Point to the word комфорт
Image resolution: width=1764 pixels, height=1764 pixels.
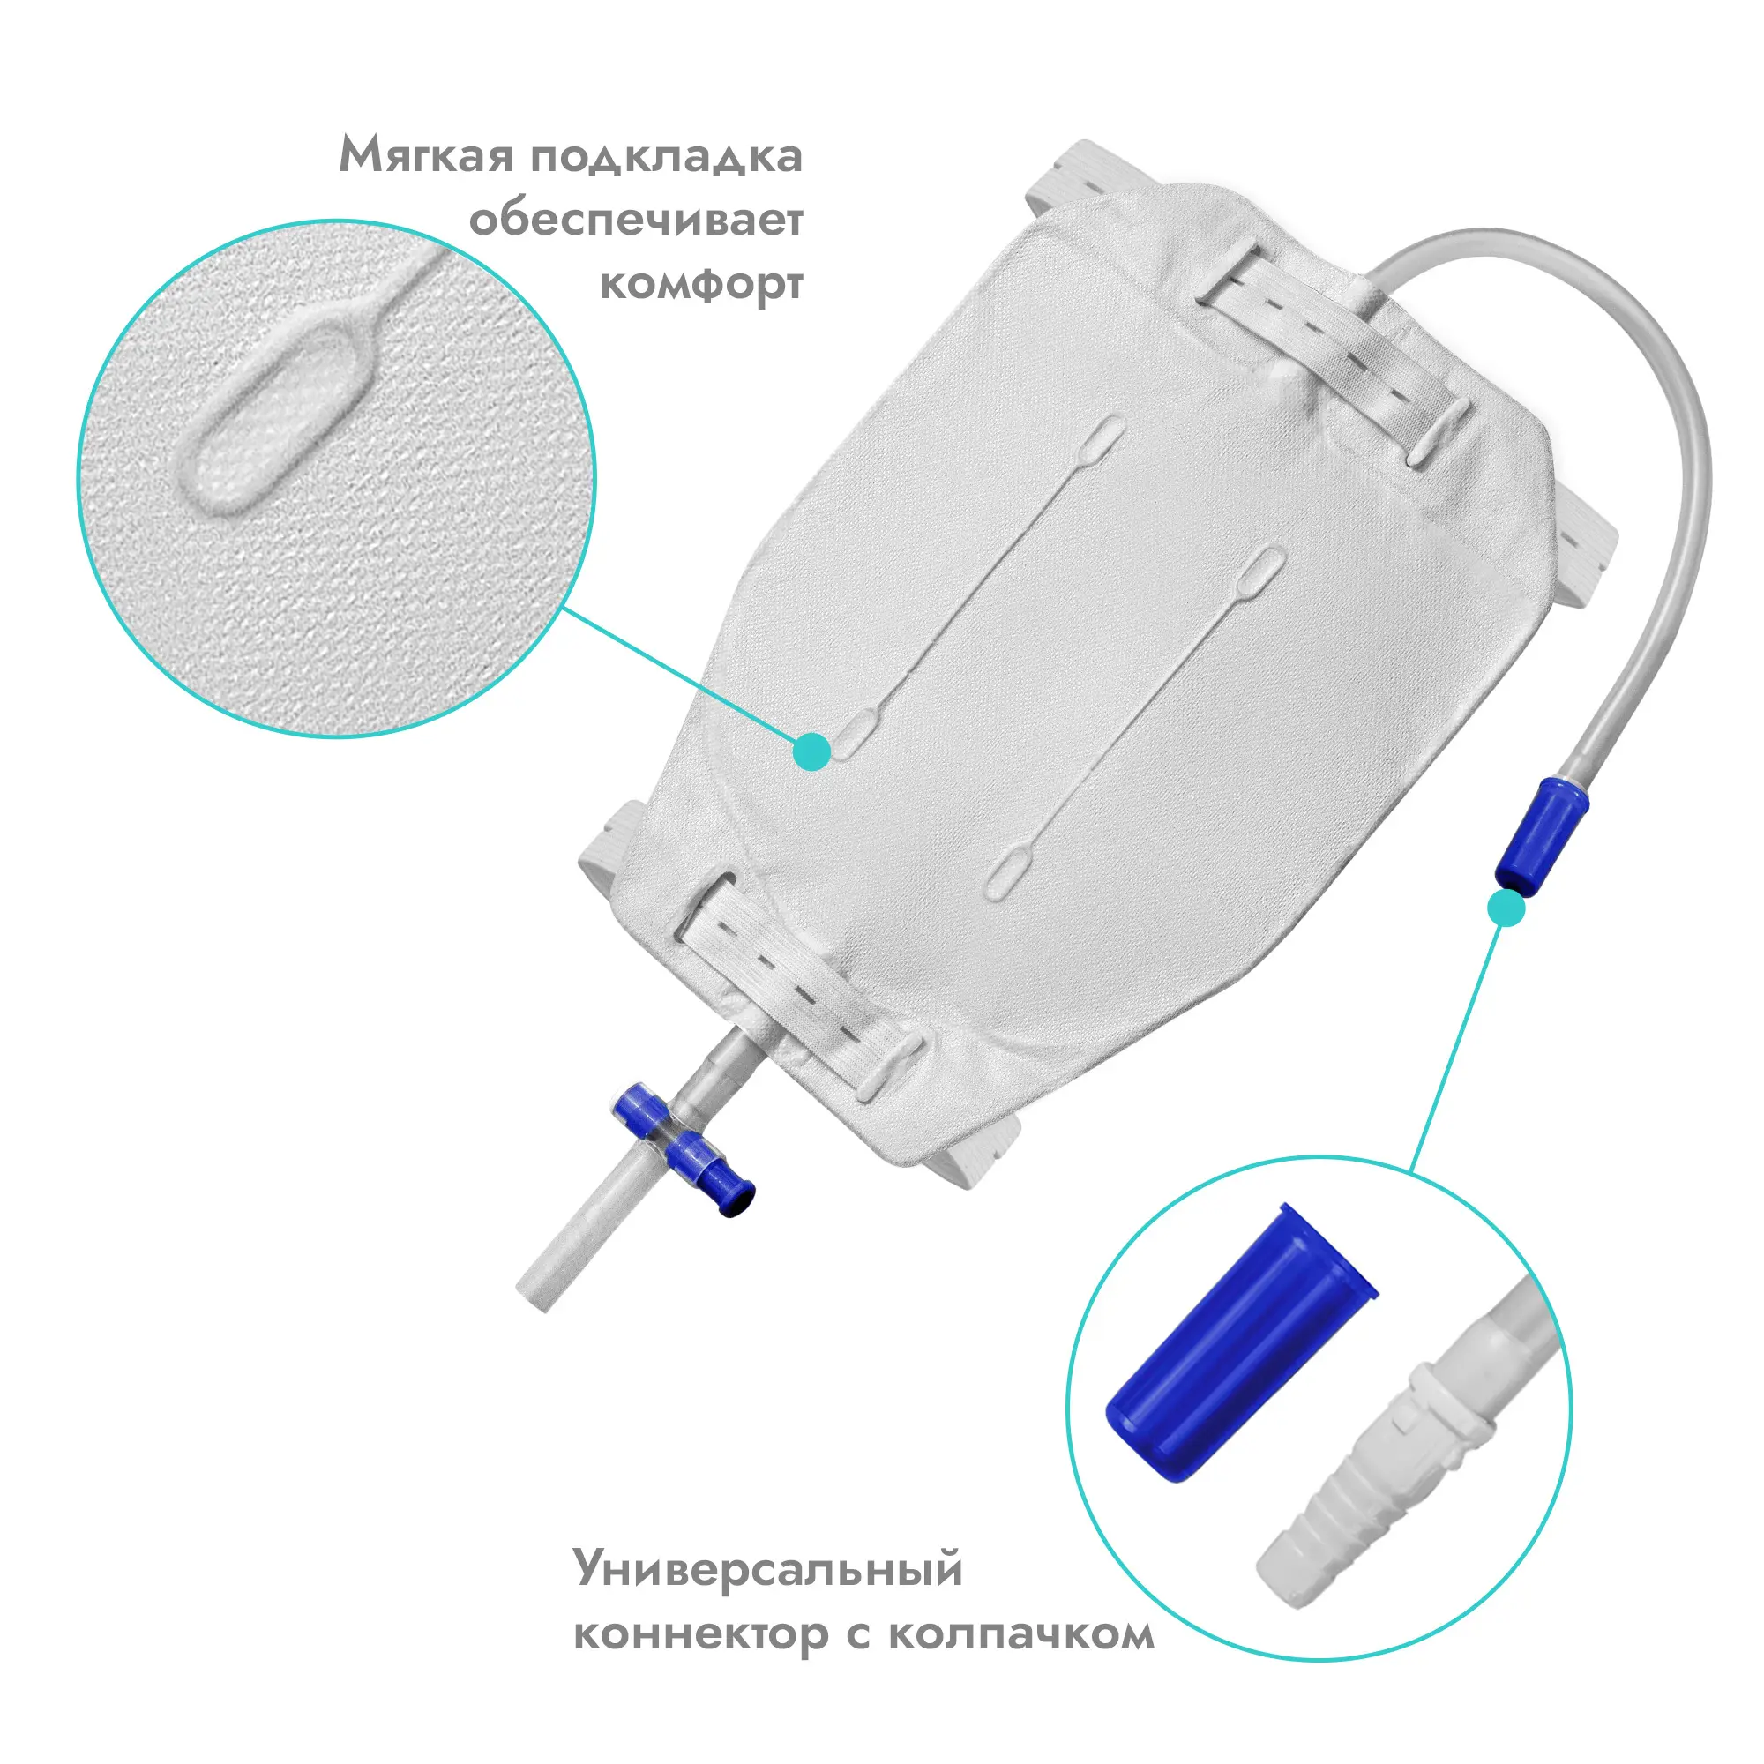(700, 285)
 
